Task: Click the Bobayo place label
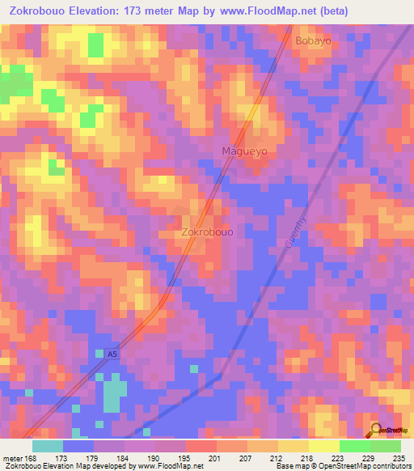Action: click(314, 40)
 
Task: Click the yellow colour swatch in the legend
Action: click(323, 446)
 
